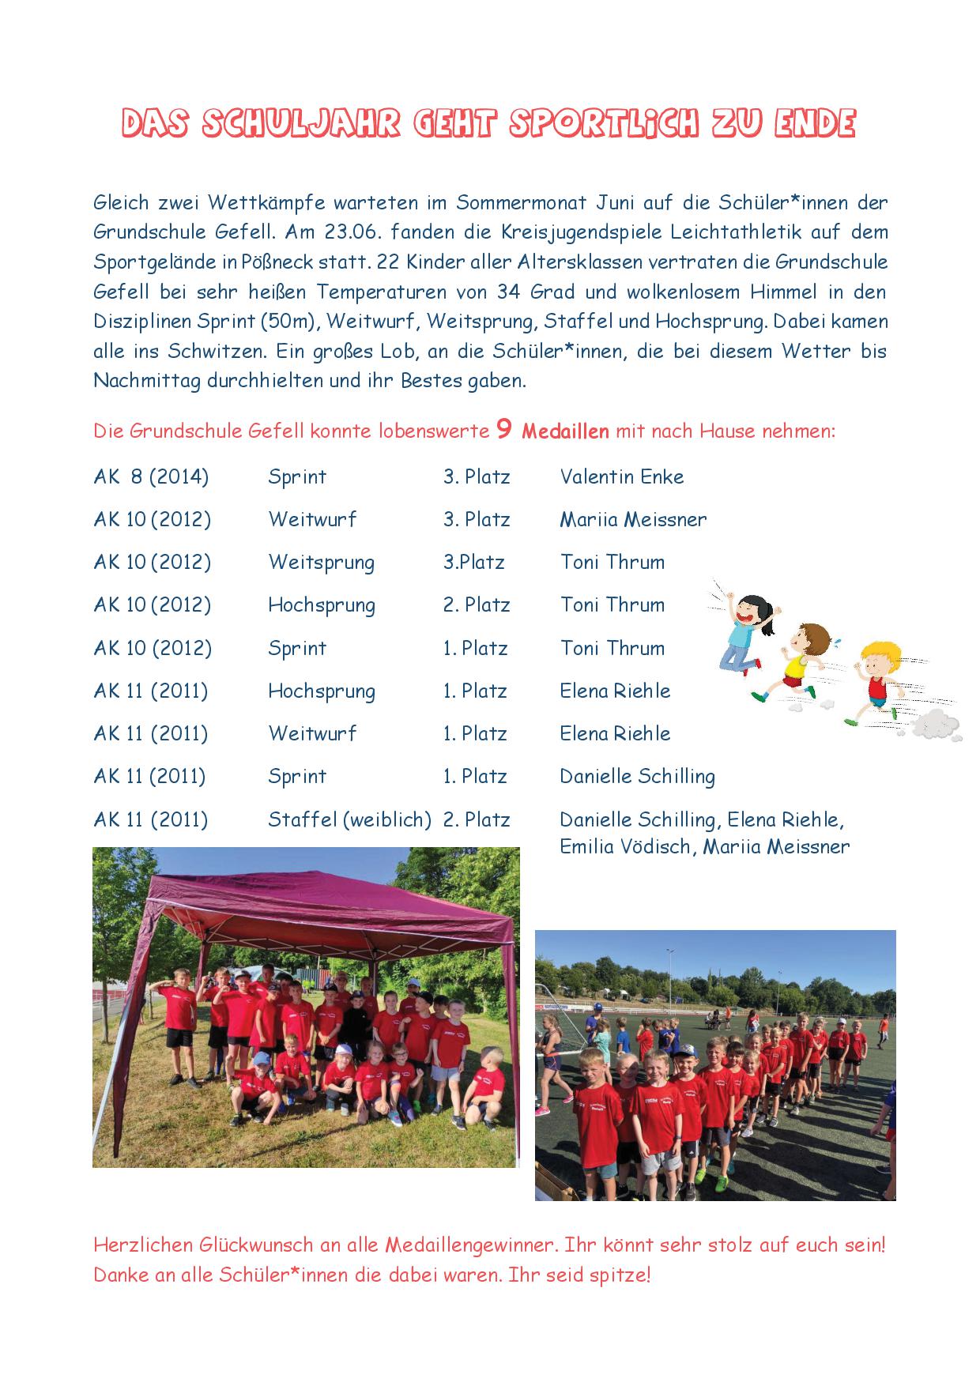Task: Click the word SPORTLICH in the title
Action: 604,124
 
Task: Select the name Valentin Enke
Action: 621,476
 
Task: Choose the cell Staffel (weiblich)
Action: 349,819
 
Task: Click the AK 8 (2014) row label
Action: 151,476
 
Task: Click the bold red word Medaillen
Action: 565,431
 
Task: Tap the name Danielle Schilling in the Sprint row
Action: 637,777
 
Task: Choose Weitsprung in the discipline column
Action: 321,563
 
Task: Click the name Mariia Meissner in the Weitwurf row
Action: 633,520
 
